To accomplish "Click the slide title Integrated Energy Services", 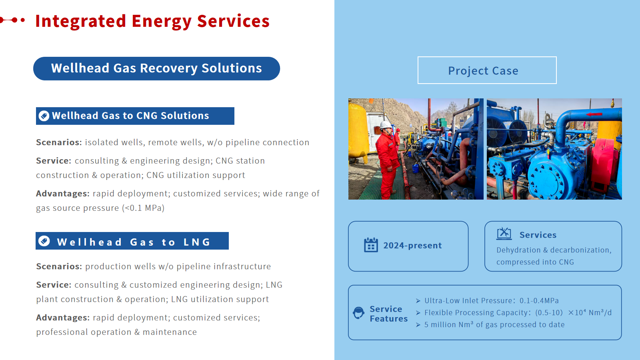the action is [x=152, y=22].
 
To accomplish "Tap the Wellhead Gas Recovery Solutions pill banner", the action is [x=156, y=68].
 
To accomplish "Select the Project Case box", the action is [x=487, y=70].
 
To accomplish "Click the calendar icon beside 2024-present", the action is [x=371, y=245].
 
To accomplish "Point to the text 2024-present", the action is [x=412, y=246].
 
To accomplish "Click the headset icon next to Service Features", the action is [x=358, y=313].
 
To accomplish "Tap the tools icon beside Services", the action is [x=504, y=234].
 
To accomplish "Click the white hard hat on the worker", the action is [x=386, y=125].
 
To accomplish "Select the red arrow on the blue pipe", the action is [x=594, y=114].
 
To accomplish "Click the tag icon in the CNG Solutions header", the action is [x=44, y=116].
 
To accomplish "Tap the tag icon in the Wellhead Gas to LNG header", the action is [x=44, y=241].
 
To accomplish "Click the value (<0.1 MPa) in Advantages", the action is [x=143, y=208].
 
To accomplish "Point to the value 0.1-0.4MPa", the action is [x=539, y=300].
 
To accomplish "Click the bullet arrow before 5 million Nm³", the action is [x=418, y=325].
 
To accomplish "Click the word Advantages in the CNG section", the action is [x=63, y=194].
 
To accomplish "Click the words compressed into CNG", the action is [x=535, y=262].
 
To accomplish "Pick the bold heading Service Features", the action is [x=388, y=314].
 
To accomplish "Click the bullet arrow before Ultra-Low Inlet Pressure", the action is [x=418, y=301].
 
